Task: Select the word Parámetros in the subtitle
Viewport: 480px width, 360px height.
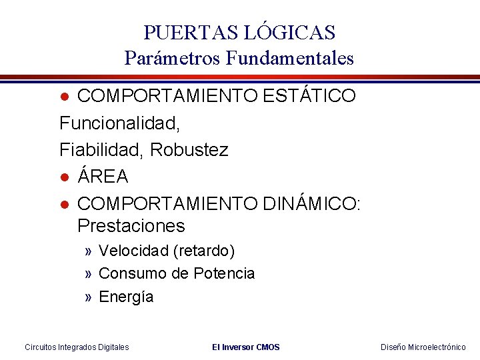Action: click(x=171, y=59)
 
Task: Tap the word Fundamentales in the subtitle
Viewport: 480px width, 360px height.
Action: click(x=289, y=59)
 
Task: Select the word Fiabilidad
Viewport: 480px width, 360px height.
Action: click(x=102, y=150)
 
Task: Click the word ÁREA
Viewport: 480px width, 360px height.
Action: click(x=103, y=177)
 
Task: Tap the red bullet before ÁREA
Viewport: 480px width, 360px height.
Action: click(x=65, y=177)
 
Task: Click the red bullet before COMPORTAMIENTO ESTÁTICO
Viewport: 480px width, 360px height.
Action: click(x=65, y=97)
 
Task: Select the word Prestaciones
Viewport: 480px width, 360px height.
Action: click(x=131, y=225)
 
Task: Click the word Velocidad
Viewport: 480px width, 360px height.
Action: click(x=133, y=251)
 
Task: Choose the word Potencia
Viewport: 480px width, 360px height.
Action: click(x=224, y=273)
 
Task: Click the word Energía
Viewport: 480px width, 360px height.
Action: click(x=126, y=297)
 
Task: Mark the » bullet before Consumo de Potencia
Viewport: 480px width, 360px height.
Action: click(x=89, y=274)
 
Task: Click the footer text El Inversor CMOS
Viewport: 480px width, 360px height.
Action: click(x=245, y=347)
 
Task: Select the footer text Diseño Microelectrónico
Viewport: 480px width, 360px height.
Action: click(x=423, y=347)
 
